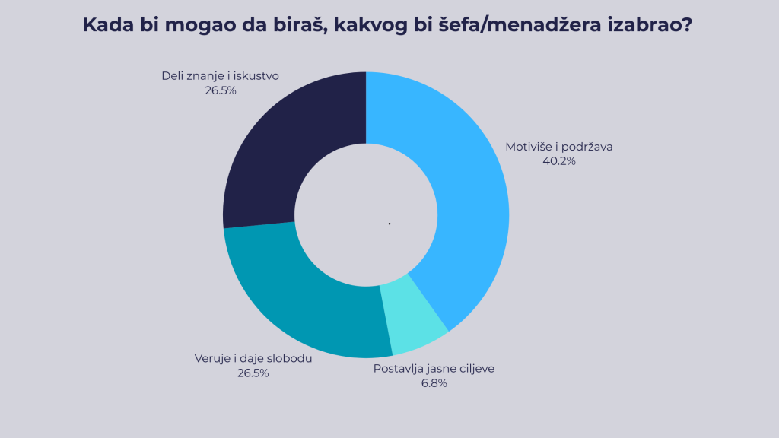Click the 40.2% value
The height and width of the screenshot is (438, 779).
point(559,161)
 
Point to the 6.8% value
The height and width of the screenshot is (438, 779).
point(434,383)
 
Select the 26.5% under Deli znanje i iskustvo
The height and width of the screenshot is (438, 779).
point(221,90)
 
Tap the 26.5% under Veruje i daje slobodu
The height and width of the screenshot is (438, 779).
point(253,373)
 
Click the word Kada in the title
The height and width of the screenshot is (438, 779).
point(106,25)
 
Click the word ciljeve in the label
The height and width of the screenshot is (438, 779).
point(475,369)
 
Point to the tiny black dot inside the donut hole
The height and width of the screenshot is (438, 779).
point(389,224)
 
